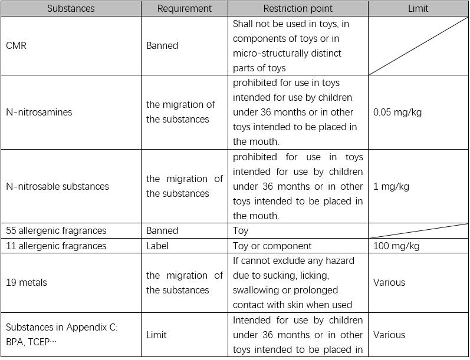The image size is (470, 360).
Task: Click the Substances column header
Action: point(71,8)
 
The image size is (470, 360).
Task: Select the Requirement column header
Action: point(185,8)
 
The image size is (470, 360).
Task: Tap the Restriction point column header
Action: point(298,8)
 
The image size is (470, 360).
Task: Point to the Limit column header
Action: point(418,8)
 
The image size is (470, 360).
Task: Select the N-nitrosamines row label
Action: point(39,112)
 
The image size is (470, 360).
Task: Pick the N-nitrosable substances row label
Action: point(57,186)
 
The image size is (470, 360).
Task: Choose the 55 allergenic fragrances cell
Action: point(56,230)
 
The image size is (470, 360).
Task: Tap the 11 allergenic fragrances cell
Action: point(56,246)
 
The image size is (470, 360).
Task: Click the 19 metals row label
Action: point(27,282)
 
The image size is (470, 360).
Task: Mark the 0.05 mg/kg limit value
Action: point(397,112)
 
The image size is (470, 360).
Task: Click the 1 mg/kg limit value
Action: point(391,186)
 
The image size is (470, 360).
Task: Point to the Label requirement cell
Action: point(157,246)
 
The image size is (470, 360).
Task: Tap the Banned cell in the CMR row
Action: point(162,45)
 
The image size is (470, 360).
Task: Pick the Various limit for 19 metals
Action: point(389,282)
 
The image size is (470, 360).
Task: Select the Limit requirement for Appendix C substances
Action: point(156,335)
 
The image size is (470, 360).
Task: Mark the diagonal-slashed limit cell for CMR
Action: point(418,45)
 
